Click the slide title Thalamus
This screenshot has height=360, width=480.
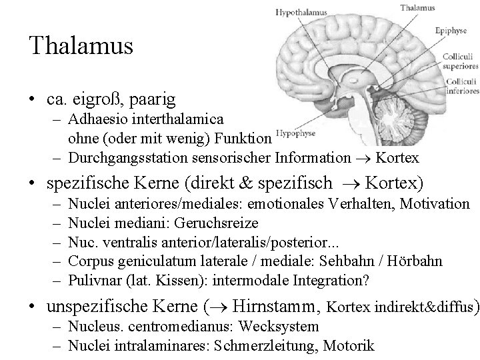(81, 46)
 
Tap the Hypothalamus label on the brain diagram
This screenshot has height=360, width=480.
(299, 12)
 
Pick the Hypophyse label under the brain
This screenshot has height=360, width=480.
(296, 132)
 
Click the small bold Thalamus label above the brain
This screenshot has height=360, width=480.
(417, 8)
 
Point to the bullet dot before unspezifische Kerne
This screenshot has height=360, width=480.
(33, 307)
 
